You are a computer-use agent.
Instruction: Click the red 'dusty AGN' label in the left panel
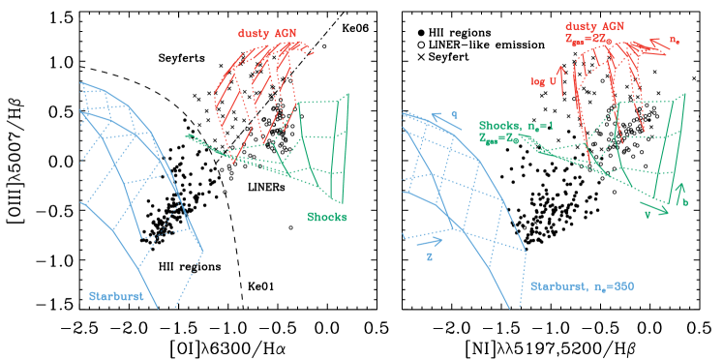click(266, 34)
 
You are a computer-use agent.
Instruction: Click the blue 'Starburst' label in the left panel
click(116, 296)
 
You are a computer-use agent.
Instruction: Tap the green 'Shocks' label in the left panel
click(327, 217)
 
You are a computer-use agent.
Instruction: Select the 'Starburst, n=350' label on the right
click(581, 286)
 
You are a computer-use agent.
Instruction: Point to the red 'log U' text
click(544, 82)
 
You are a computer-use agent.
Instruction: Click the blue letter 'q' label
click(454, 113)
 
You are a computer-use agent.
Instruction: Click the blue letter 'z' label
click(429, 257)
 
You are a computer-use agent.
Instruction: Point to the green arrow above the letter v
click(655, 206)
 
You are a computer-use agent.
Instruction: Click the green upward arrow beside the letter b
click(679, 191)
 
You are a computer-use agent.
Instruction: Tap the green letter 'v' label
click(647, 215)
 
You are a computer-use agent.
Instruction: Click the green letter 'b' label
click(686, 202)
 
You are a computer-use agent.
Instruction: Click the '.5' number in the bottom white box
click(382, 329)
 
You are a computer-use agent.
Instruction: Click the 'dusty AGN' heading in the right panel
click(595, 26)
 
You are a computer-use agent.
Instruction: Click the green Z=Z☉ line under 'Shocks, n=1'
click(505, 138)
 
